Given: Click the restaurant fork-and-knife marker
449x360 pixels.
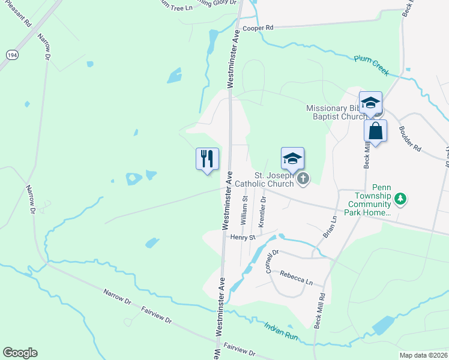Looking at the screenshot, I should point(207,159).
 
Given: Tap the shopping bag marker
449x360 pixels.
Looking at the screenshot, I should point(375,131).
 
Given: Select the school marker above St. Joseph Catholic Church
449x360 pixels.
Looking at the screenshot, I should point(292,159).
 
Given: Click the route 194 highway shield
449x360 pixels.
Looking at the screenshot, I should point(11,54).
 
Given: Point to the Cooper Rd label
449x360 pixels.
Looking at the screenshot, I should point(258,28).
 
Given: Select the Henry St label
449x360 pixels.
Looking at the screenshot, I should point(243,238).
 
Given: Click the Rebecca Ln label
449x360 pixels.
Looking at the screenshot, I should point(297,277).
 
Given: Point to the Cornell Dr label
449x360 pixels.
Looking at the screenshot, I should point(272,262).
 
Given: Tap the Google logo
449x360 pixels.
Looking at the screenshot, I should point(20,353).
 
